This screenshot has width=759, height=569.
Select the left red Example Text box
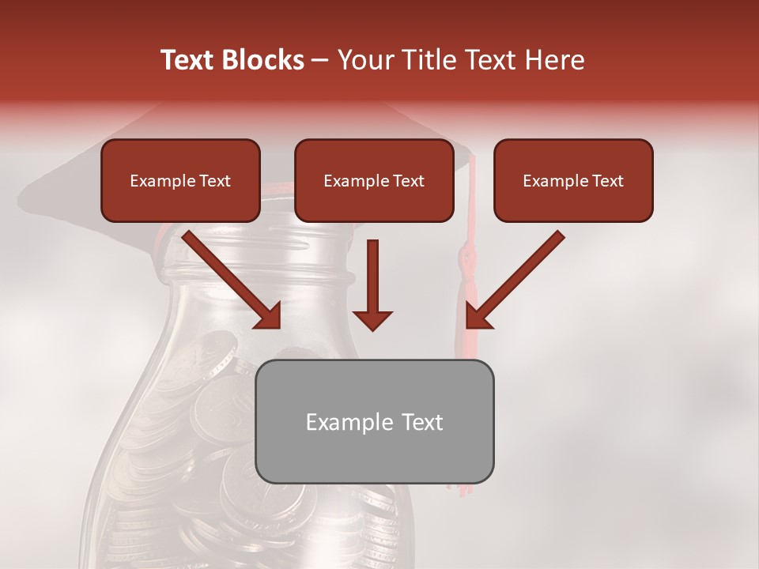click(180, 181)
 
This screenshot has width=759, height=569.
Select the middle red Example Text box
click(374, 181)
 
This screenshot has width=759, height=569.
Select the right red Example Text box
click(573, 181)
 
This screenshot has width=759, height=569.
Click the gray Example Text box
click(375, 421)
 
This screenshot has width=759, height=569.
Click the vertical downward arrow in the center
click(372, 277)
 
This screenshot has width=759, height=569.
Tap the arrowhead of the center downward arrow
click(372, 320)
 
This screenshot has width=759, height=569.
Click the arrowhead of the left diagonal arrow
click(269, 316)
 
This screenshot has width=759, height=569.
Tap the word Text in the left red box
click(215, 181)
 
